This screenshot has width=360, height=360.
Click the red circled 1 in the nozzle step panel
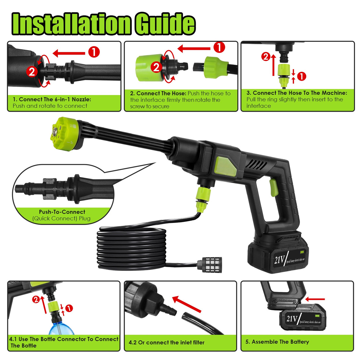pyautogui.click(x=94, y=52)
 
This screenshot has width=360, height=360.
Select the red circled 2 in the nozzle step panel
pyautogui.click(x=32, y=72)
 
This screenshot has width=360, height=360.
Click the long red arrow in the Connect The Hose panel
pyautogui.click(x=194, y=49)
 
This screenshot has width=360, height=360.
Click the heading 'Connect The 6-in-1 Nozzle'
pyautogui.click(x=52, y=99)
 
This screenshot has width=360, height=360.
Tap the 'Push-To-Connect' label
pyautogui.click(x=62, y=212)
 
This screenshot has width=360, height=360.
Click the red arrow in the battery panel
pyautogui.click(x=315, y=299)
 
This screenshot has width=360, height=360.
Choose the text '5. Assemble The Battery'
pyautogui.click(x=277, y=342)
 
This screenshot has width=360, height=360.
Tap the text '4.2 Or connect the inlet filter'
pyautogui.click(x=166, y=342)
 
